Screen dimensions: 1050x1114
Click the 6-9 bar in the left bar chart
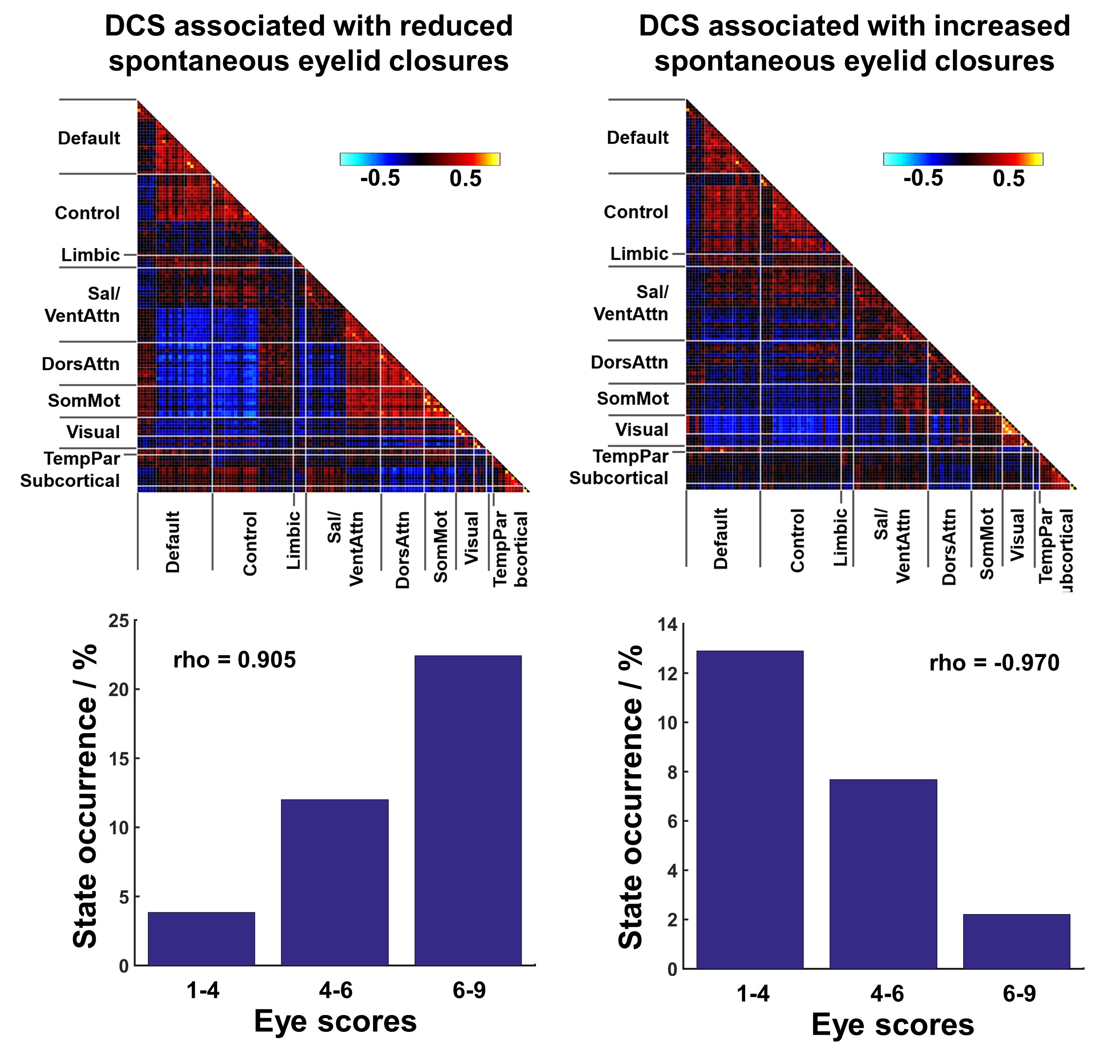[x=468, y=812]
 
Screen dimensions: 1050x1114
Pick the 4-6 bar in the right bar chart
[x=883, y=874]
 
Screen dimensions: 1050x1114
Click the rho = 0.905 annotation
[x=234, y=660]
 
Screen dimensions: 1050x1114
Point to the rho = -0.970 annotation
[x=994, y=663]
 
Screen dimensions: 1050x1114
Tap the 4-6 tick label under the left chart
[x=335, y=991]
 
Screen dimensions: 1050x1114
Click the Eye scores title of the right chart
[x=892, y=1025]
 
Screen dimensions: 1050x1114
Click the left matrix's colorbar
[x=420, y=159]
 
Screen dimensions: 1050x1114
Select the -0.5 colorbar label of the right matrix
[x=923, y=179]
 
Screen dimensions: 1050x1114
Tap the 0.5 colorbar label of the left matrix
[x=465, y=179]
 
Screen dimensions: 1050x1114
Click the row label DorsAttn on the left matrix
[x=81, y=364]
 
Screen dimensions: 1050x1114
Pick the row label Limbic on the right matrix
[x=639, y=254]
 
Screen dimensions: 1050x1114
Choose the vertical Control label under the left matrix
[x=250, y=543]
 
